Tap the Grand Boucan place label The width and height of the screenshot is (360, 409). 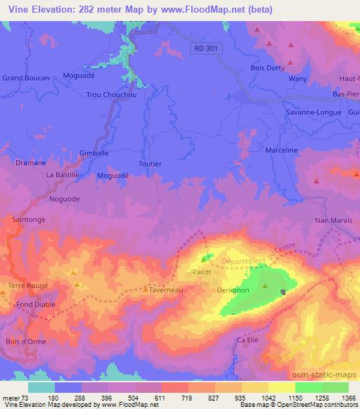27,78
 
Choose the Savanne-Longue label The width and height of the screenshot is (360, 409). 314,112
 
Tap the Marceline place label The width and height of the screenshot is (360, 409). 282,150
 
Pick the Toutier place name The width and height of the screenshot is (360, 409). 150,164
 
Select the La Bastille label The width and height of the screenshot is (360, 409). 62,174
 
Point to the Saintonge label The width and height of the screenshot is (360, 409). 29,220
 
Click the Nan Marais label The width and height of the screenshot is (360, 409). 332,221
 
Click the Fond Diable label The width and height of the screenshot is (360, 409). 37,304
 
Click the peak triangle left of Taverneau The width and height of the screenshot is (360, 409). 145,287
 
